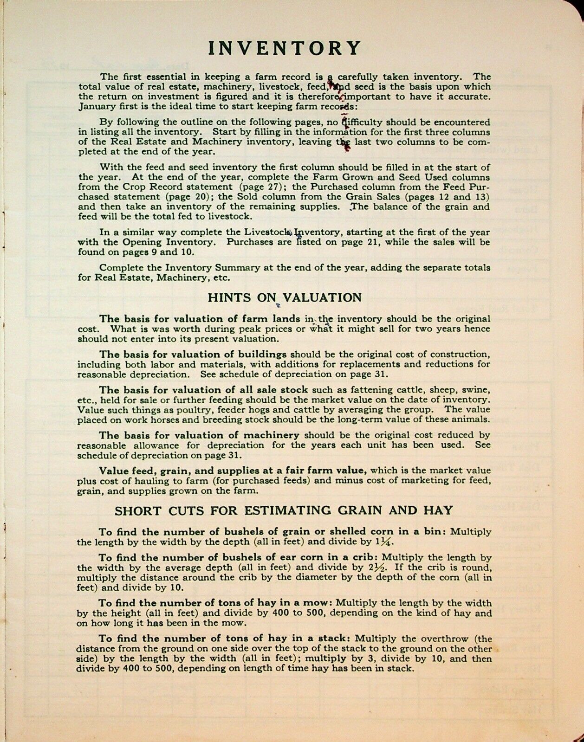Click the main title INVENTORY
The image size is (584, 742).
(284, 48)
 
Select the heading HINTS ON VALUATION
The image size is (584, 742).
(284, 297)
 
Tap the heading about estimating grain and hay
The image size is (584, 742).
(283, 510)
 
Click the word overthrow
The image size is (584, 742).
(435, 639)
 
